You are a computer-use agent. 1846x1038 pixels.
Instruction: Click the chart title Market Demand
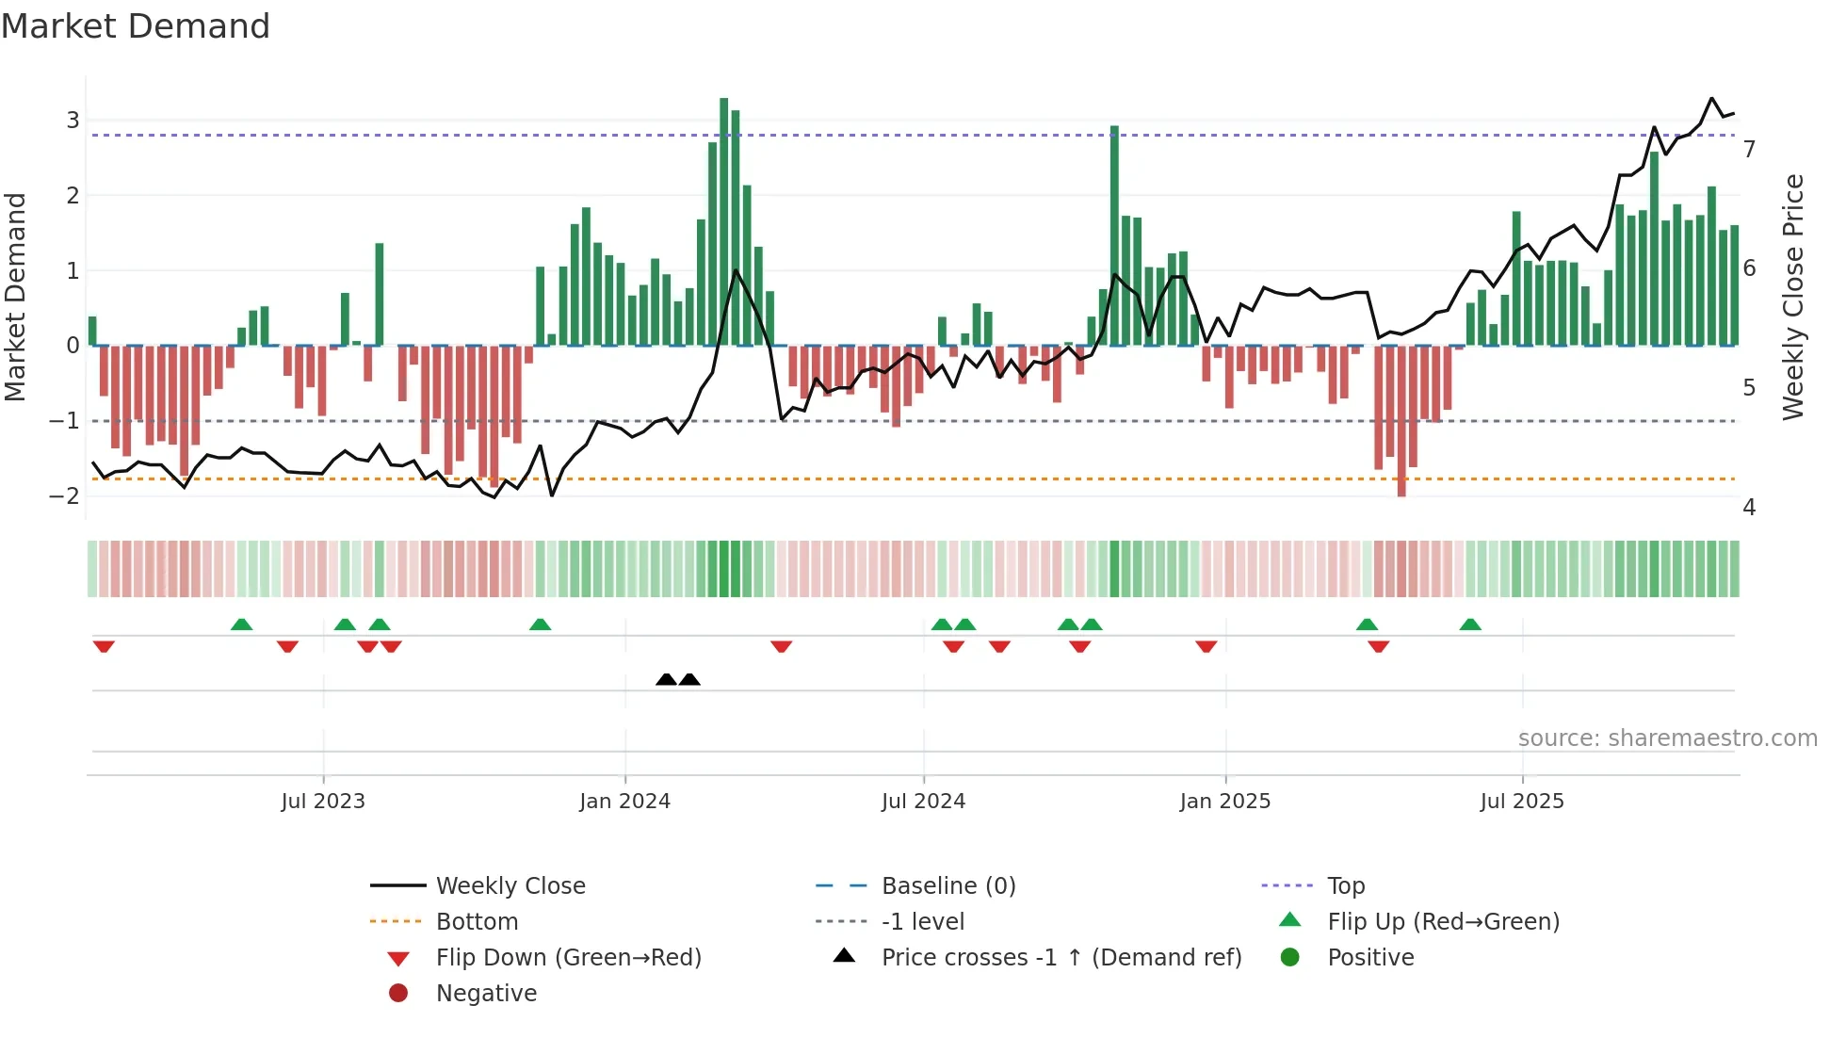coord(136,25)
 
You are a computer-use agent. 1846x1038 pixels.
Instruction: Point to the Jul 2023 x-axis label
coord(322,802)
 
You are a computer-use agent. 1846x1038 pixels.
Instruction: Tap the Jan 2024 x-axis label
coord(624,802)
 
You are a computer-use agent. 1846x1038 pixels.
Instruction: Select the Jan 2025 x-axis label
coord(1224,802)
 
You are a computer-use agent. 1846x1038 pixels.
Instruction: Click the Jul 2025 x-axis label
coord(1521,802)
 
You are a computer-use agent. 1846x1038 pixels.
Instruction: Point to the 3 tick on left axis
coord(73,121)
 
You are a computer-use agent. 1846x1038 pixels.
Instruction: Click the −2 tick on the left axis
coord(65,496)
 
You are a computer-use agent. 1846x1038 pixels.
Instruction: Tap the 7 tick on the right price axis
coord(1749,150)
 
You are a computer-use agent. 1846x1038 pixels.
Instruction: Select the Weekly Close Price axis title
coord(1793,297)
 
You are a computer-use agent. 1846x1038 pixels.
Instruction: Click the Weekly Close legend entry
coord(510,886)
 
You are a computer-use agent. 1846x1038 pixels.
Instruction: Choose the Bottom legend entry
coord(477,922)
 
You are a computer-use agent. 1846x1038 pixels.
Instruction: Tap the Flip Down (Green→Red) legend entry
coord(568,958)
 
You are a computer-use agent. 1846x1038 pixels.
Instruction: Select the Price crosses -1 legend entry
coord(1061,958)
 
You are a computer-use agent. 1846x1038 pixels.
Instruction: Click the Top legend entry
coord(1345,886)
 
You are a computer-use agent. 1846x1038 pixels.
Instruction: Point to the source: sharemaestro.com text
coord(1667,738)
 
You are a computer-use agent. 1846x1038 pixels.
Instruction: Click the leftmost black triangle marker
coord(666,679)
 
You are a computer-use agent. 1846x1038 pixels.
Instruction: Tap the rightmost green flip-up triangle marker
coord(1470,624)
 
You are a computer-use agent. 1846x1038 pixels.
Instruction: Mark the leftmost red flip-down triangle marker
coord(104,646)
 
